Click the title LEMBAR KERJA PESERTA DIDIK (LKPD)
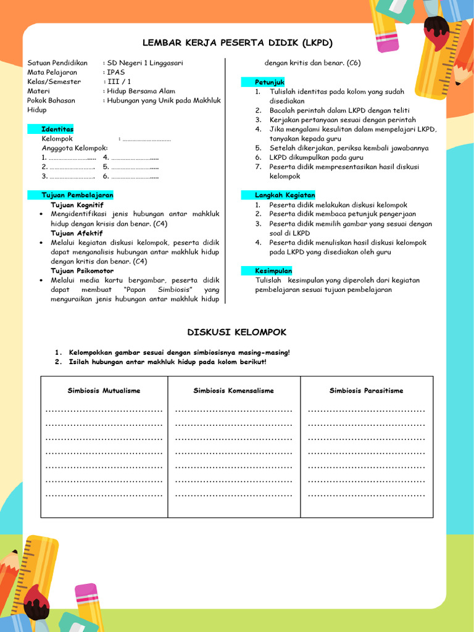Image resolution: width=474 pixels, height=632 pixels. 237,43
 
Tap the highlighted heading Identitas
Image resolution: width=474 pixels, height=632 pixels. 57,129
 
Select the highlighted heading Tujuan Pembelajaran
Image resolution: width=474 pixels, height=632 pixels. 77,195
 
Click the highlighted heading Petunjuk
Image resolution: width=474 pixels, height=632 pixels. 270,82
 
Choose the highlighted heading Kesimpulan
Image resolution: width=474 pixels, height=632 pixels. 273,271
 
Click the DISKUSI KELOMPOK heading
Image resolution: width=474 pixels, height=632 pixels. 237,332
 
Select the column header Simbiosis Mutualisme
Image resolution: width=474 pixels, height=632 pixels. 104,391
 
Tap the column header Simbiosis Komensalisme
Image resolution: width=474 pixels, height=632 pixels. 233,391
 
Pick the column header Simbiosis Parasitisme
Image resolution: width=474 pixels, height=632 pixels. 366,391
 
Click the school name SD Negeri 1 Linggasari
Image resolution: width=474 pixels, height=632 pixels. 145,63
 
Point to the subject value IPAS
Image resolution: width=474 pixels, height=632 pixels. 115,72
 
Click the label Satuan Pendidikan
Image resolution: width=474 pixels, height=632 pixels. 55,63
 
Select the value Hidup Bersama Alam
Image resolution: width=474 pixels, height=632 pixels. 141,91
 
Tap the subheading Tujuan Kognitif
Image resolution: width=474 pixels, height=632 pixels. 77,205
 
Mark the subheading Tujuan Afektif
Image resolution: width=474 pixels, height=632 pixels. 77,233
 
